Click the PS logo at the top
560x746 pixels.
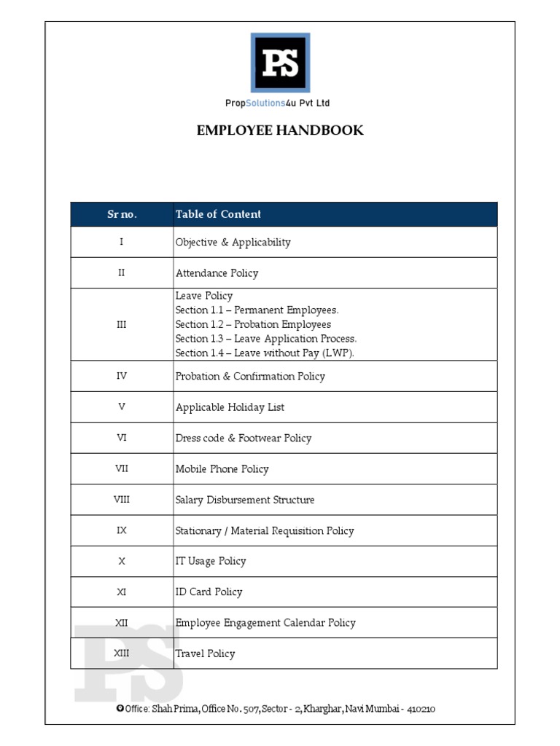click(x=280, y=63)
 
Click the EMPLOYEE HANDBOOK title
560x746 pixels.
click(x=280, y=130)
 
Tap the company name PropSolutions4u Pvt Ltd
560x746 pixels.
click(x=277, y=103)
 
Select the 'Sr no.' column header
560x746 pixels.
click(x=122, y=214)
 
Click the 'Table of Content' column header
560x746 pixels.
click(x=218, y=214)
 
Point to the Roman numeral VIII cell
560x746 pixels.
click(x=122, y=500)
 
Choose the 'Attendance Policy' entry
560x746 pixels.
click(x=217, y=273)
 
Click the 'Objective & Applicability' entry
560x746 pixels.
click(x=233, y=243)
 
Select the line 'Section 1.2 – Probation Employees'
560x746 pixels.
click(x=253, y=324)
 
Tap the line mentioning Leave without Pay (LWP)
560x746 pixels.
click(x=265, y=353)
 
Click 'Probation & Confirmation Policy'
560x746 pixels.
click(x=250, y=377)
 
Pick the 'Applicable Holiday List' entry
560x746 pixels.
click(x=230, y=407)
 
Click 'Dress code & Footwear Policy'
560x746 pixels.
click(x=244, y=439)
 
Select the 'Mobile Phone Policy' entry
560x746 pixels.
click(x=222, y=469)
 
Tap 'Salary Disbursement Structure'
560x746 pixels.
click(x=245, y=500)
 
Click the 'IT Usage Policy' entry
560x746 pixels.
click(x=211, y=561)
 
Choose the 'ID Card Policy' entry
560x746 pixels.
click(x=209, y=592)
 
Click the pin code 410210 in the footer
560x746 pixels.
click(x=421, y=709)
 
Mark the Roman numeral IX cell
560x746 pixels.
click(x=122, y=530)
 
